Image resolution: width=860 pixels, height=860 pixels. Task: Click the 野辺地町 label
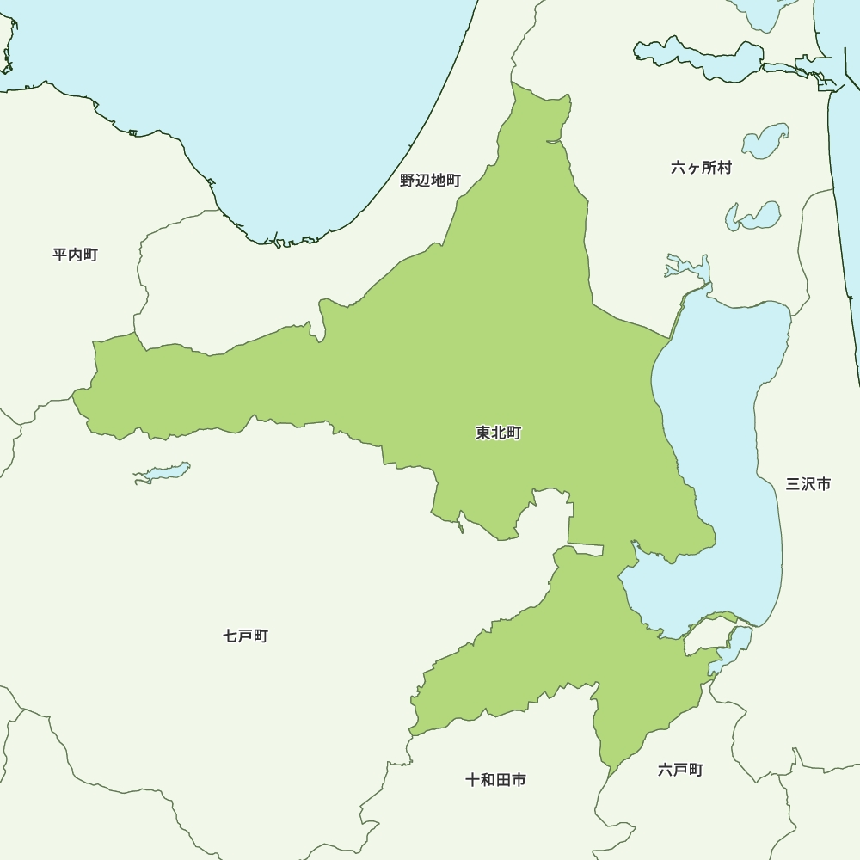pyautogui.click(x=430, y=181)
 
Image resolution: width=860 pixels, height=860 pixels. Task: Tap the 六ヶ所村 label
pyautogui.click(x=701, y=168)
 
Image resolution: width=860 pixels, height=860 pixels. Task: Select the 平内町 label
pyautogui.click(x=75, y=255)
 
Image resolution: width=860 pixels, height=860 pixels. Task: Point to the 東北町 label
pyautogui.click(x=498, y=433)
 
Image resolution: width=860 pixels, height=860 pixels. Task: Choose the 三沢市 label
pyautogui.click(x=808, y=484)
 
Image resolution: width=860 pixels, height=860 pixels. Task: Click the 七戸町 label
pyautogui.click(x=245, y=636)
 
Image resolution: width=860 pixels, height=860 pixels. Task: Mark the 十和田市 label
pyautogui.click(x=495, y=780)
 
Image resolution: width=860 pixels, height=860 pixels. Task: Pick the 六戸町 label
pyautogui.click(x=680, y=770)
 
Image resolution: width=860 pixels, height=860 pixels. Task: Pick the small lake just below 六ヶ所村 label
pyautogui.click(x=753, y=215)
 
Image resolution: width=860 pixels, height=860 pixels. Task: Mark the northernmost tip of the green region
pyautogui.click(x=513, y=83)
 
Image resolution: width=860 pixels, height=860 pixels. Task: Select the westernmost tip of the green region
pyautogui.click(x=74, y=396)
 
